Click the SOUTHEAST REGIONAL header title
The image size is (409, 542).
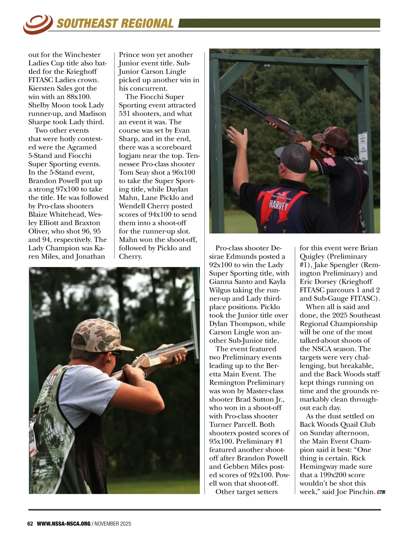115,24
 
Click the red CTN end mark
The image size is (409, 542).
381,492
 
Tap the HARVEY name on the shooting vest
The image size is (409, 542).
279,205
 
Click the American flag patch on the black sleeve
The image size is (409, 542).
329,161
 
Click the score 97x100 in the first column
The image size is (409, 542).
69,189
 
